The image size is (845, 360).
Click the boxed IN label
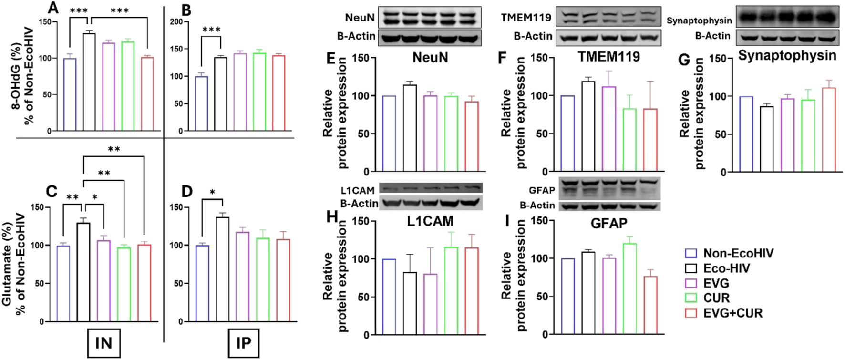(103, 343)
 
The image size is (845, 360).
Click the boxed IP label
(243, 343)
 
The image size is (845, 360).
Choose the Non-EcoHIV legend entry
(738, 254)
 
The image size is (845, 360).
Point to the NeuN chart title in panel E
(430, 58)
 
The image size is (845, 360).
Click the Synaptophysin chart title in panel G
(787, 56)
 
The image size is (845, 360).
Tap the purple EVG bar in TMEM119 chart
(609, 129)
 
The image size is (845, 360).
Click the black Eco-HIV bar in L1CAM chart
(410, 303)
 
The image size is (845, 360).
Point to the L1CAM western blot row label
(358, 191)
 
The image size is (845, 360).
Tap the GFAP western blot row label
(542, 190)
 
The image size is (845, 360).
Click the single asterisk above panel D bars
(212, 193)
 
